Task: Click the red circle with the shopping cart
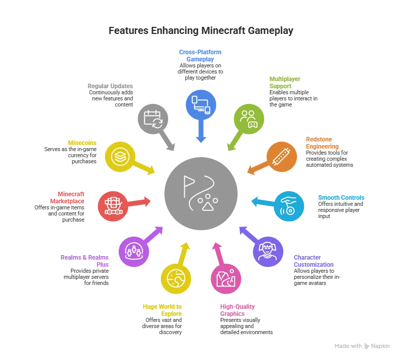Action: click(112, 206)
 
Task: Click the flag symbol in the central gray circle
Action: click(189, 186)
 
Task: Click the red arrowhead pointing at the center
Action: click(148, 202)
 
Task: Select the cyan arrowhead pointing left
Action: click(253, 202)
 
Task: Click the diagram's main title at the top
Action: click(201, 31)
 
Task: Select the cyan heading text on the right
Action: click(341, 197)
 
